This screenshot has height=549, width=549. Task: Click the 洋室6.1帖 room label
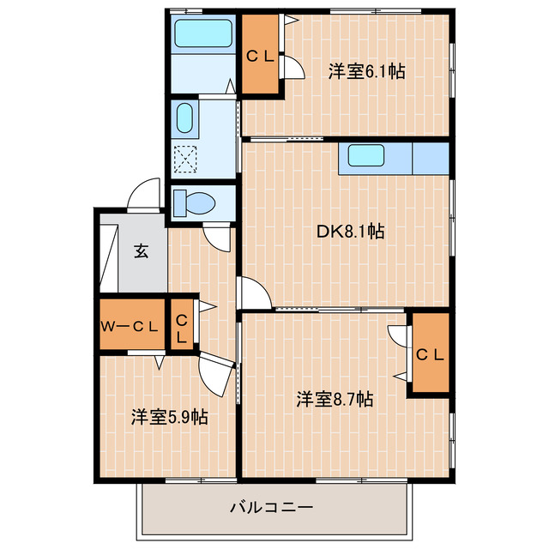point(366,72)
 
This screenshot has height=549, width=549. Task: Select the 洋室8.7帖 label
point(335,399)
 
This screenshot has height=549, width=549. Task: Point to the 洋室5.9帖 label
point(169,417)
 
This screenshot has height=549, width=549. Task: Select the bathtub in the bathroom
point(202,34)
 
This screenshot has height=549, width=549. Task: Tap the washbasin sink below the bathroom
point(184,118)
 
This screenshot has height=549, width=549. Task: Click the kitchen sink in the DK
point(365,155)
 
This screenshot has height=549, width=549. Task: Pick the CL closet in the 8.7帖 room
point(429,354)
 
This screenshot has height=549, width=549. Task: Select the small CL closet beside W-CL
point(182,327)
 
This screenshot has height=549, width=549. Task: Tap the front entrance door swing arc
point(143,194)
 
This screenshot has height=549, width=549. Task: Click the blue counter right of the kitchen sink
point(431,158)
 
